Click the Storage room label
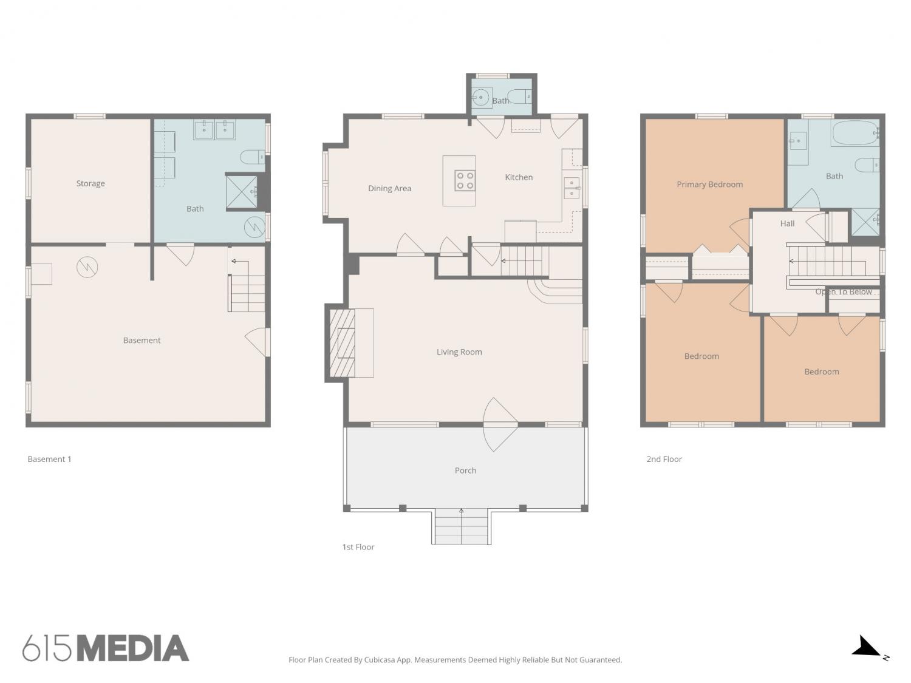[90, 183]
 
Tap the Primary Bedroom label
[710, 185]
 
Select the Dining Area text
[390, 189]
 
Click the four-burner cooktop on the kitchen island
[465, 180]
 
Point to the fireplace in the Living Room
[343, 343]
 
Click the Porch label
[465, 471]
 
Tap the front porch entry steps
[461, 526]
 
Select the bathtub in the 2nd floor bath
[855, 133]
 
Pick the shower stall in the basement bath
[242, 192]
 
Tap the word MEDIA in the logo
[133, 648]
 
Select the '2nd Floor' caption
[664, 459]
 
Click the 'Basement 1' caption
[49, 459]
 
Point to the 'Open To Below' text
[844, 292]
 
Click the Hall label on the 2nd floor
[787, 224]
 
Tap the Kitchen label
[519, 177]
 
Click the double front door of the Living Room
[500, 424]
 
